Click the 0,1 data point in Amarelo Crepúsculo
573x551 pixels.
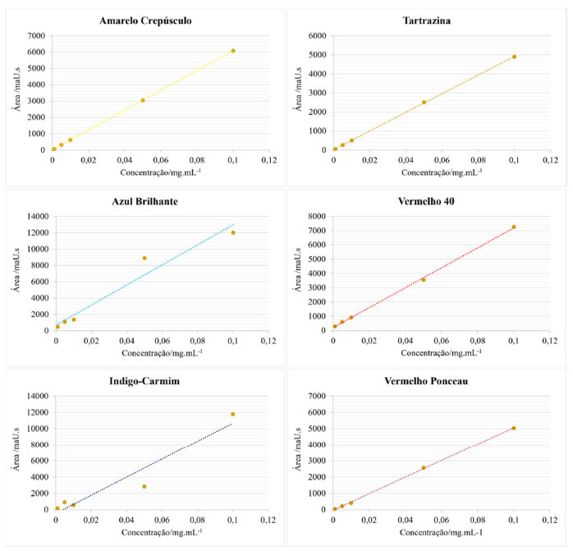point(233,51)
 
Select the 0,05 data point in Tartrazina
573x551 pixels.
point(424,102)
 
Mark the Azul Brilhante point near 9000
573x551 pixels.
point(144,258)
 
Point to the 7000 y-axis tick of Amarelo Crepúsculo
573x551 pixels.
point(36,36)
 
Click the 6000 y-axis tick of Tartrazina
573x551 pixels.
point(317,36)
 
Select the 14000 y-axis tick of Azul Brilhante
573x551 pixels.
point(34,217)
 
